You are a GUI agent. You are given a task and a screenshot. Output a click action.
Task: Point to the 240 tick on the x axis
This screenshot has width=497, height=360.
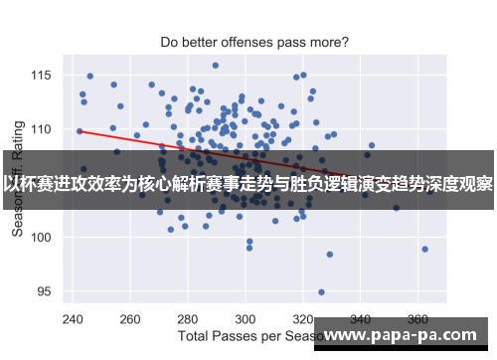[73, 320]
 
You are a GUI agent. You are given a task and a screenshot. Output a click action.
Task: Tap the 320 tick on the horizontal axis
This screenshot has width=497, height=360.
[304, 320]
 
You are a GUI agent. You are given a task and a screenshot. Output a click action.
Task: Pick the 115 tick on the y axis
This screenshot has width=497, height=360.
[43, 75]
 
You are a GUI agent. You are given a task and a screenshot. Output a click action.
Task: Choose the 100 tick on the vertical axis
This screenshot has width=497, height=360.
[43, 238]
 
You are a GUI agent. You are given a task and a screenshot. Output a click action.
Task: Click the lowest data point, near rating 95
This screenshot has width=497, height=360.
[321, 292]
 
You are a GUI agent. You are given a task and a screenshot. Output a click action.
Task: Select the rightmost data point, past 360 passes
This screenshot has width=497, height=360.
[424, 249]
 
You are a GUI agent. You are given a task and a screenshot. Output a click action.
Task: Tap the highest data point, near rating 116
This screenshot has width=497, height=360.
[215, 66]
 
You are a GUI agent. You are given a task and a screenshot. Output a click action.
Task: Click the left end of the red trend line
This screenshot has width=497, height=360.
[80, 130]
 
